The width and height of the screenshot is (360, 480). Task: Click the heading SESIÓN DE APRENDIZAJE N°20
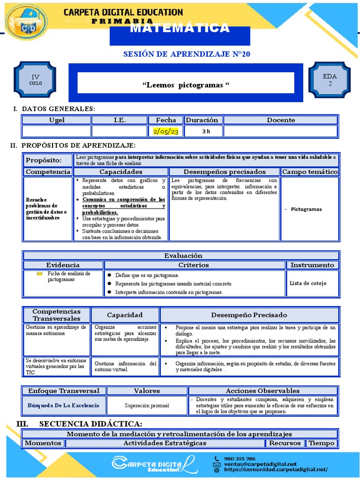tap(187, 54)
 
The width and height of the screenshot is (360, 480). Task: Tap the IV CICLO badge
tap(36, 80)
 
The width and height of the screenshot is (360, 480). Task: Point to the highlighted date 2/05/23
tap(166, 132)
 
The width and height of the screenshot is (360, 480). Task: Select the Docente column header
tap(281, 120)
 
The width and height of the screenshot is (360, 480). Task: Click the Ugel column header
tap(57, 120)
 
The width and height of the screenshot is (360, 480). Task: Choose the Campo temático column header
tap(310, 172)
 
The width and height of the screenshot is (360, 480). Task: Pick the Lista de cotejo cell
tap(308, 283)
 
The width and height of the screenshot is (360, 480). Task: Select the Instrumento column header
tap(312, 265)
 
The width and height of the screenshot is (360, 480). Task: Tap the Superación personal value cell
tap(147, 405)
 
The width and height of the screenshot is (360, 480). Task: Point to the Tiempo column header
tap(322, 443)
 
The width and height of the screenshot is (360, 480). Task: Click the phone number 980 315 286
tap(240, 458)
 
